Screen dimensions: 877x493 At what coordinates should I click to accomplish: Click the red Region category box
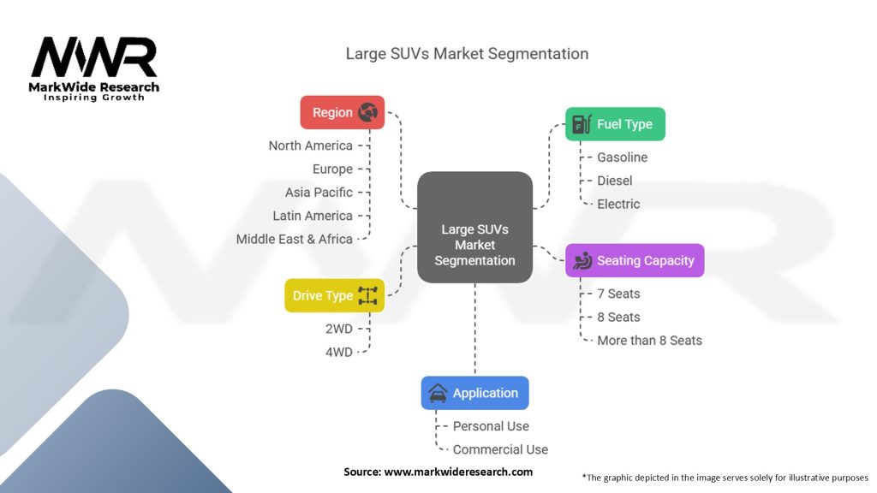pyautogui.click(x=343, y=112)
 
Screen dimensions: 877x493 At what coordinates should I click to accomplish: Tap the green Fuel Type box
pyautogui.click(x=615, y=124)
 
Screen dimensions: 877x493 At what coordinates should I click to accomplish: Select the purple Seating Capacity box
pyautogui.click(x=635, y=260)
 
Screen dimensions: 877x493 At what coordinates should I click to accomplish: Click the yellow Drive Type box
pyautogui.click(x=335, y=295)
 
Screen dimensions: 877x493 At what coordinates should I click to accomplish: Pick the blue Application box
pyautogui.click(x=474, y=393)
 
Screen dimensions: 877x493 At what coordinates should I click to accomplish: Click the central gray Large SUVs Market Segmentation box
pyautogui.click(x=474, y=227)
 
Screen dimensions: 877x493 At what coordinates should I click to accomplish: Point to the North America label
pyautogui.click(x=310, y=146)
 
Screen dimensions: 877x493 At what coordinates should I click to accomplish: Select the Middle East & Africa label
pyautogui.click(x=295, y=240)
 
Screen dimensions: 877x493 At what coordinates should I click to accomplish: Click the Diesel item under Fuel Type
pyautogui.click(x=615, y=181)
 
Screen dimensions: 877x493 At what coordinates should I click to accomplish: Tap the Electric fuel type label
pyautogui.click(x=618, y=204)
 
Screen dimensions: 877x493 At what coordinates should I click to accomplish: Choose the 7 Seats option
pyautogui.click(x=618, y=294)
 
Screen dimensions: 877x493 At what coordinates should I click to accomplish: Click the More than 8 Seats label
pyautogui.click(x=649, y=341)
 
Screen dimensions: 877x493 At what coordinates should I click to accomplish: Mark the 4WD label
pyautogui.click(x=339, y=352)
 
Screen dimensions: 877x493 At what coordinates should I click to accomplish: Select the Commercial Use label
pyautogui.click(x=500, y=449)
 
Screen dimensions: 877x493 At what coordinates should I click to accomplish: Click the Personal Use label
pyautogui.click(x=491, y=426)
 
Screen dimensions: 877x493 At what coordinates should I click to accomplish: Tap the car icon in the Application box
pyautogui.click(x=438, y=393)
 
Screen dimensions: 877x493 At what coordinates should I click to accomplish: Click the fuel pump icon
pyautogui.click(x=582, y=124)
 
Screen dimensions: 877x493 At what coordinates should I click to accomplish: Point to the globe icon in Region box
pyautogui.click(x=368, y=112)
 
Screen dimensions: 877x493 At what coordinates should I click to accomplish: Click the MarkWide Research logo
pyautogui.click(x=94, y=68)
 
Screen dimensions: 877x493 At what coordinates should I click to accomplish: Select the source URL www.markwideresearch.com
pyautogui.click(x=458, y=472)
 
